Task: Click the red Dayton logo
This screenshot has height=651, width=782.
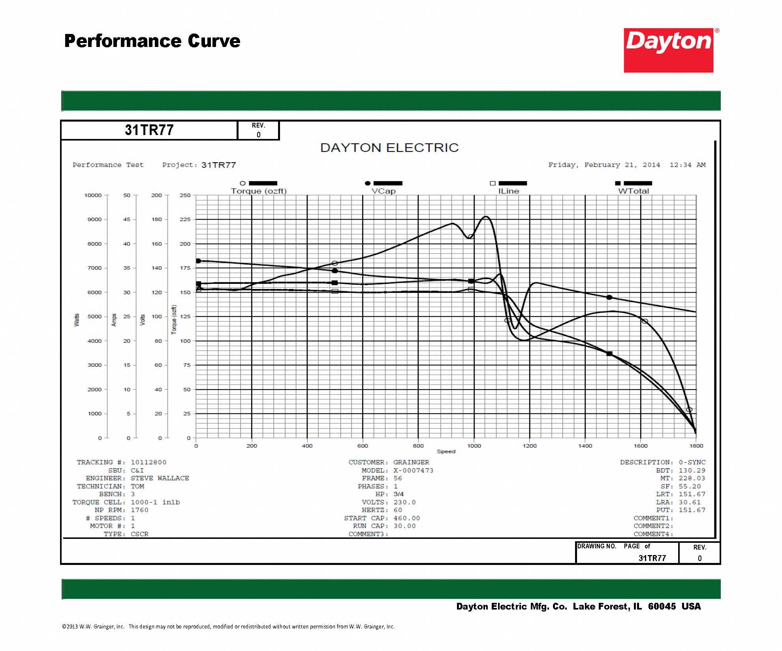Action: [668, 50]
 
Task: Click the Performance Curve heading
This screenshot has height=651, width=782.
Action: [152, 41]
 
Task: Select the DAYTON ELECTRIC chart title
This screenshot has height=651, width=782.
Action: [389, 148]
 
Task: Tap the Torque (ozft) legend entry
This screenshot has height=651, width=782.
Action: [259, 191]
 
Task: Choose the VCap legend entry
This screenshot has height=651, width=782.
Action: [383, 191]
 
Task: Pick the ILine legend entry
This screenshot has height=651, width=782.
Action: [508, 191]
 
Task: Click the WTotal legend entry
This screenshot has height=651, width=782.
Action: [633, 191]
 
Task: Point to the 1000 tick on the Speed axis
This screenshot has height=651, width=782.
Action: [474, 446]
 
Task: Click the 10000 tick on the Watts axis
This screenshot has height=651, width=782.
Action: [93, 195]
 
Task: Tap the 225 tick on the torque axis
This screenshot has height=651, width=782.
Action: [185, 220]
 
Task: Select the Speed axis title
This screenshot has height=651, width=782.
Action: [446, 452]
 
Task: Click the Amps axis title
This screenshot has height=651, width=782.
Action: [114, 320]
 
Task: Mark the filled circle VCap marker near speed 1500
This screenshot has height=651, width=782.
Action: [609, 297]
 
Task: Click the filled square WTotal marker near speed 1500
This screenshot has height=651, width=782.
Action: [609, 354]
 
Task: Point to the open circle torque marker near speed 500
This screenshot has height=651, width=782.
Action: [335, 263]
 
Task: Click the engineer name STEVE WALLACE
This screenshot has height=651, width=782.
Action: [160, 478]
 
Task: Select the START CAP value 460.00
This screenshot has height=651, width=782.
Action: [406, 518]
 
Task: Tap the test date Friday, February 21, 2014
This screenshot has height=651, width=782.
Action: [604, 165]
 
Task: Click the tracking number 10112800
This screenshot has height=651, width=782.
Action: [149, 462]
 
